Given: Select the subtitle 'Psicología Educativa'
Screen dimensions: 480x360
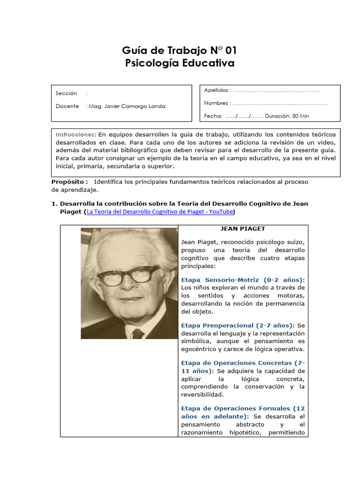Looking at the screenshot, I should coord(180,63).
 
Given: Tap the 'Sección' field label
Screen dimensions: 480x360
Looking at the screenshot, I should coord(66,93).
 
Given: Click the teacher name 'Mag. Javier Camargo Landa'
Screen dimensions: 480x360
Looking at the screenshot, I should coord(127,106).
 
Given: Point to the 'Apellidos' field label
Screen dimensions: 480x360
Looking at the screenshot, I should coord(216,90).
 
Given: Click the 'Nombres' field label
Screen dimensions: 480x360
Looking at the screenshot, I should coord(216,103).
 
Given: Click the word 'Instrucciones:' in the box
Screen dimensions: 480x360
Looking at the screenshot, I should coord(75,135).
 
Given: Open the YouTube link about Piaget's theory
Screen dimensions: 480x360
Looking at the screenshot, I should coord(160,212).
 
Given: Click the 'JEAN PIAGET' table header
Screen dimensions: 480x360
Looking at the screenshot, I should coord(243,229).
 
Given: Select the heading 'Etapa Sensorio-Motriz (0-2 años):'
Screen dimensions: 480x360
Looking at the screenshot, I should coord(243,279).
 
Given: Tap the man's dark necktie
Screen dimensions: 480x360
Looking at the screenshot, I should coord(138,333).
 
